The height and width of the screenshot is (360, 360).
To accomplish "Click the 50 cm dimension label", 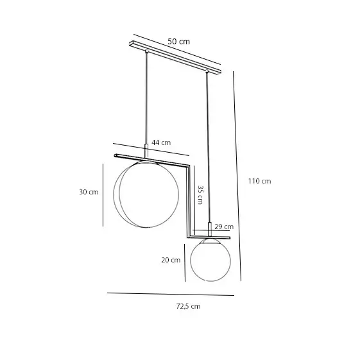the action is coord(178,42).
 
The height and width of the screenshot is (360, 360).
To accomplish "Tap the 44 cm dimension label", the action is coord(161,142).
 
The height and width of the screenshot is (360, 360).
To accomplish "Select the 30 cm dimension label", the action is coord(89,192).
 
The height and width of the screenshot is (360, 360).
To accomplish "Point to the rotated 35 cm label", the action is coord(200,194).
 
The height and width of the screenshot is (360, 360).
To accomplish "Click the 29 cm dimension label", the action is coord(224,227).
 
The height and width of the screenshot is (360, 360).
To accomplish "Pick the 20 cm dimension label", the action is coord(171,260).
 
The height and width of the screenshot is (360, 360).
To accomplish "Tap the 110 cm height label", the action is coord(259,181).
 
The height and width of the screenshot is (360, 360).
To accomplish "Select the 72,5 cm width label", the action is coord(188,306).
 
